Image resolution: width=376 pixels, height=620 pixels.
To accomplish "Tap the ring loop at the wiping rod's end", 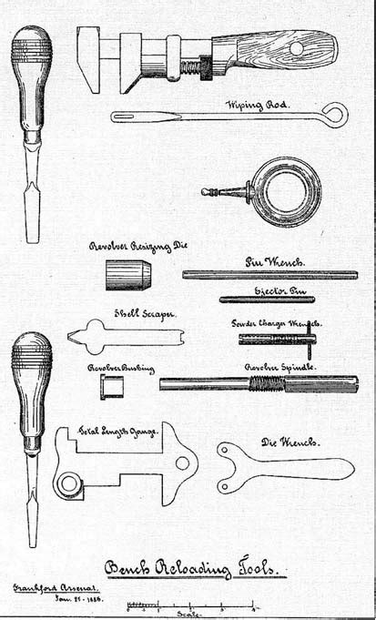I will click(x=336, y=114).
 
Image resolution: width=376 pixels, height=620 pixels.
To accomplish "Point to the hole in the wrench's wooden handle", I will click(x=295, y=46).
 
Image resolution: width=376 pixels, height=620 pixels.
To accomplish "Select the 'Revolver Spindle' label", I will click(x=279, y=366).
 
